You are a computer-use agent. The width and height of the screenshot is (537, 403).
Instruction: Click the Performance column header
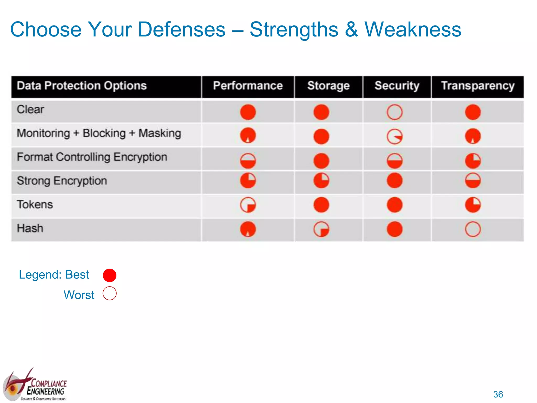coord(248,86)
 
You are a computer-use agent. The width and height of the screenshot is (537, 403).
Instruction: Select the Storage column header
coord(328,86)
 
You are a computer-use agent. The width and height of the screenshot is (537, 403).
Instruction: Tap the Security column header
coord(397,86)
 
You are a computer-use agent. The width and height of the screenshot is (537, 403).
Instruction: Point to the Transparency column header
coord(477,86)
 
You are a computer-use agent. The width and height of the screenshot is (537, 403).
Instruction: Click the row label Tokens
coord(35,204)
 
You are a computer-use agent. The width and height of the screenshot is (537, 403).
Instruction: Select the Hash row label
coord(30,228)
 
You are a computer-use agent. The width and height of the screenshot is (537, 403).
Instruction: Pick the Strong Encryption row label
coord(62,181)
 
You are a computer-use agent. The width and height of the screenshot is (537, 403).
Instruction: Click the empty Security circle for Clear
coord(394,112)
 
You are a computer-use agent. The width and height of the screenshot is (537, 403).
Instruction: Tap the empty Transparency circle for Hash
coord(473,229)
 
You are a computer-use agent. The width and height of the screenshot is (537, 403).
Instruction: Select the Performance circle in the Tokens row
coord(248,205)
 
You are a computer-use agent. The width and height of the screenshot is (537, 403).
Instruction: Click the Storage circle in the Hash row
coord(321,229)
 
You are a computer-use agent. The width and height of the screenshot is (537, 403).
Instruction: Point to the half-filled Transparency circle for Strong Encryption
coord(473,181)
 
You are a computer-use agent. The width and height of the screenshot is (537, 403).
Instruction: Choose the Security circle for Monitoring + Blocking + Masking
coord(394,136)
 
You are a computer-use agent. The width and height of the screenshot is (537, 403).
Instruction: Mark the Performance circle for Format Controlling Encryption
coord(248,161)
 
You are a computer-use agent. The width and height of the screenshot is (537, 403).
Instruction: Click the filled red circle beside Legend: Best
coord(110,275)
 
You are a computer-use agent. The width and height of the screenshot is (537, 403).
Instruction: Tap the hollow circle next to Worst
coord(110,293)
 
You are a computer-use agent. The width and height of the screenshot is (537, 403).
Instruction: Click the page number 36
coord(498,394)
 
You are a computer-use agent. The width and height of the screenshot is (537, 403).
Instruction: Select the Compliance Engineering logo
coord(35,386)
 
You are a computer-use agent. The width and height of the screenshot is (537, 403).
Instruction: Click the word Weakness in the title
coord(413,29)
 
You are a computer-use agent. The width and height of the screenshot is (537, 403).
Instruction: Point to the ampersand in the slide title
coord(351,29)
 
